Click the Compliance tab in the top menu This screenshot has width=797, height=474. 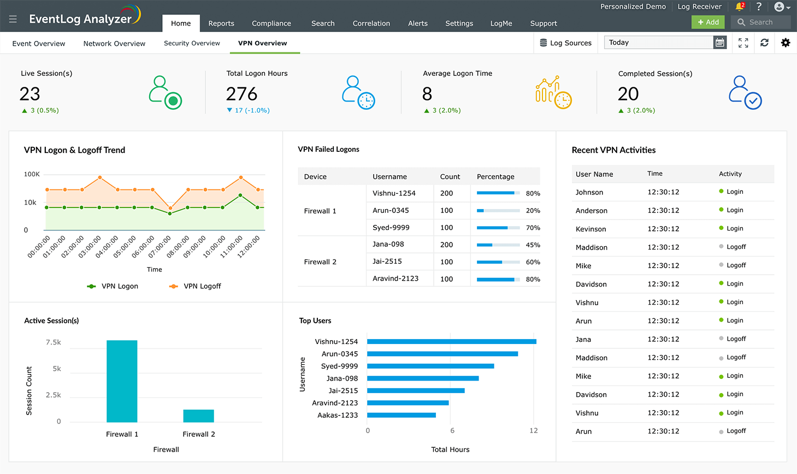[x=271, y=23]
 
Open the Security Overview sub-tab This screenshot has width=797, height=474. [x=192, y=43]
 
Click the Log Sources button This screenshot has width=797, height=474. [x=565, y=43]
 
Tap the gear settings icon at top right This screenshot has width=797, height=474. [x=786, y=43]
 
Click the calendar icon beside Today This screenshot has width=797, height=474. [x=720, y=43]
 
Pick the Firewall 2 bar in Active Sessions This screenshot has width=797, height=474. [x=198, y=416]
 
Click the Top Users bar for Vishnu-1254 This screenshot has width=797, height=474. [x=451, y=341]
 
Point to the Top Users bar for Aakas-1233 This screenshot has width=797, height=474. [x=401, y=415]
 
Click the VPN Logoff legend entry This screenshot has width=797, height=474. [x=195, y=286]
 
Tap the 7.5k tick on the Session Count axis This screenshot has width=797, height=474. [x=54, y=342]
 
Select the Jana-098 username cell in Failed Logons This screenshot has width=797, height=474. [x=388, y=244]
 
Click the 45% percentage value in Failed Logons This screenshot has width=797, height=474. [x=533, y=245]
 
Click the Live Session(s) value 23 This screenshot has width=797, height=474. [x=30, y=94]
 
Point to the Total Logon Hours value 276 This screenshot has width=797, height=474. [x=241, y=94]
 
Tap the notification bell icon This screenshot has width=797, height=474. [x=739, y=7]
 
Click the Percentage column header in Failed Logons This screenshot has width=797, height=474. [x=495, y=177]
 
